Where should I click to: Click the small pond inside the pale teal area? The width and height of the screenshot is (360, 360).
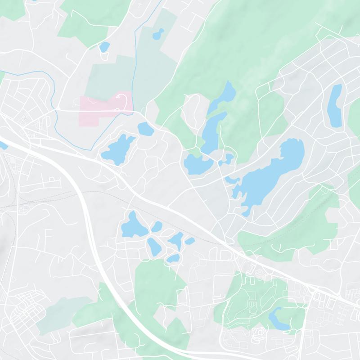point(158,34)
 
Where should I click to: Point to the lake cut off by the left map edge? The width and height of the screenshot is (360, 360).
point(2,145)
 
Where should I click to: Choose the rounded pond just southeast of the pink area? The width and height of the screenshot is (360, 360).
point(145,129)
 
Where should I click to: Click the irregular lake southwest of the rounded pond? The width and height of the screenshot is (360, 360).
point(118,149)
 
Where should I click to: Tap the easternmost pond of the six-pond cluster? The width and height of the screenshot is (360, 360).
point(189,241)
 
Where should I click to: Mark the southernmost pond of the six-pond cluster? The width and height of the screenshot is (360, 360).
point(173,259)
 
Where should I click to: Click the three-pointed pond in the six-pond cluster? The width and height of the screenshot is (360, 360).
point(176,240)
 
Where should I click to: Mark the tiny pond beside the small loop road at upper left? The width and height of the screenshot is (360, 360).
point(104,46)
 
